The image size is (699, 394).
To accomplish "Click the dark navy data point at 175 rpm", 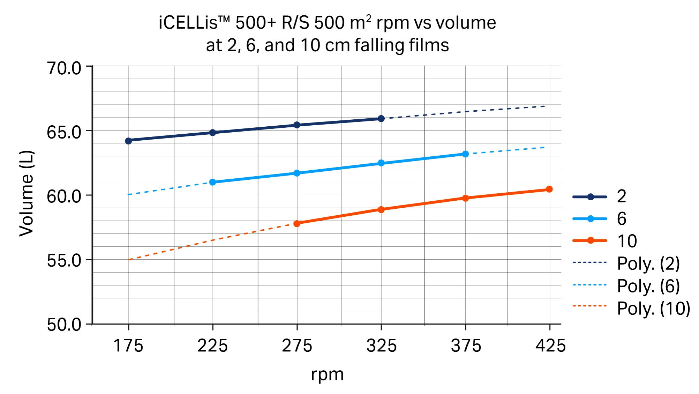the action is click(x=128, y=141).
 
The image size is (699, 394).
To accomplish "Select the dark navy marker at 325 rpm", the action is click(x=381, y=119).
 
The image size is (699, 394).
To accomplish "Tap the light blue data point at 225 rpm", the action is click(x=212, y=182).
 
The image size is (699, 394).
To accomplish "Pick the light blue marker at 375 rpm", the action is click(x=465, y=154).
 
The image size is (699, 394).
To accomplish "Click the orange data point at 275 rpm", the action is click(x=297, y=223).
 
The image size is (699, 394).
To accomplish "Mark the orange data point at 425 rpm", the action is click(x=549, y=189).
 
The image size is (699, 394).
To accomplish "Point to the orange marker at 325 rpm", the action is click(x=381, y=209).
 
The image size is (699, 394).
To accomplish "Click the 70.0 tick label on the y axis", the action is click(x=64, y=68).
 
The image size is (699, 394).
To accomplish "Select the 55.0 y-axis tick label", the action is click(x=64, y=260).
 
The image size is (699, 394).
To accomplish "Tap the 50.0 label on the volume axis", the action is click(x=64, y=325).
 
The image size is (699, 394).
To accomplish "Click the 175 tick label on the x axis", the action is click(x=128, y=346).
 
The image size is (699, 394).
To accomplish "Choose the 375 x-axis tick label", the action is click(x=466, y=346).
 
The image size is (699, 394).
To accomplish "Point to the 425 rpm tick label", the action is click(x=550, y=346).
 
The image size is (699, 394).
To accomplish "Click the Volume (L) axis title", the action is click(x=27, y=193).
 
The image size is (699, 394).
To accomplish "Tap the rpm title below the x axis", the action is click(x=327, y=374).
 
